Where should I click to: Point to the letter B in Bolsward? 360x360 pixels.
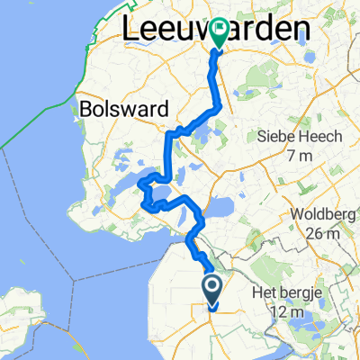(87, 107)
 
